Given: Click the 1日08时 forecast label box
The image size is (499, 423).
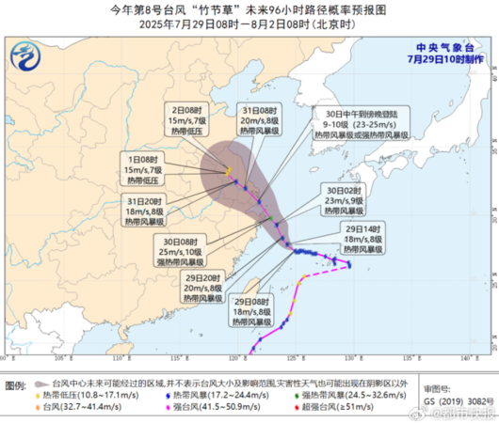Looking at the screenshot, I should click(x=143, y=169).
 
